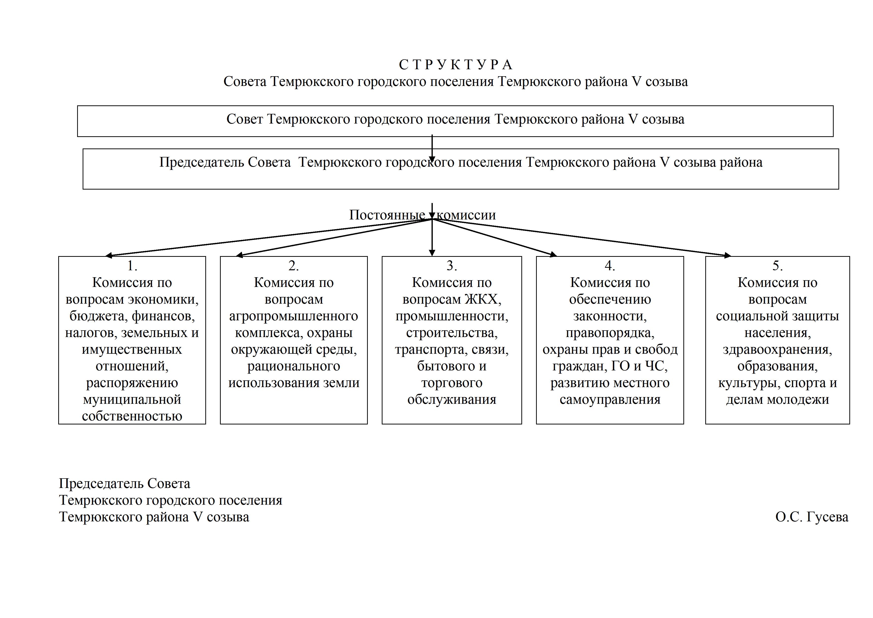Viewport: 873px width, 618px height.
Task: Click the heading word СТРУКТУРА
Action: [455, 65]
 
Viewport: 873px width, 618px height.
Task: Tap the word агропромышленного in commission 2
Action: [294, 316]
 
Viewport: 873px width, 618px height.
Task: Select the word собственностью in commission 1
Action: [132, 416]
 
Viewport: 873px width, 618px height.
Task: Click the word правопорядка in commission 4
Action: [610, 333]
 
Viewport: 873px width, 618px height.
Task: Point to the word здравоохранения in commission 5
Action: [778, 350]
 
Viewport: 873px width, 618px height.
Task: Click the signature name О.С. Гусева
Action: [812, 517]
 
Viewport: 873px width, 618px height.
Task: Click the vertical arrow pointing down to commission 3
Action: [432, 237]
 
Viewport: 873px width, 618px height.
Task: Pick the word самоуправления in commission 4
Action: [610, 400]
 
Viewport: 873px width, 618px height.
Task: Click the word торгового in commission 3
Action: [452, 383]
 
